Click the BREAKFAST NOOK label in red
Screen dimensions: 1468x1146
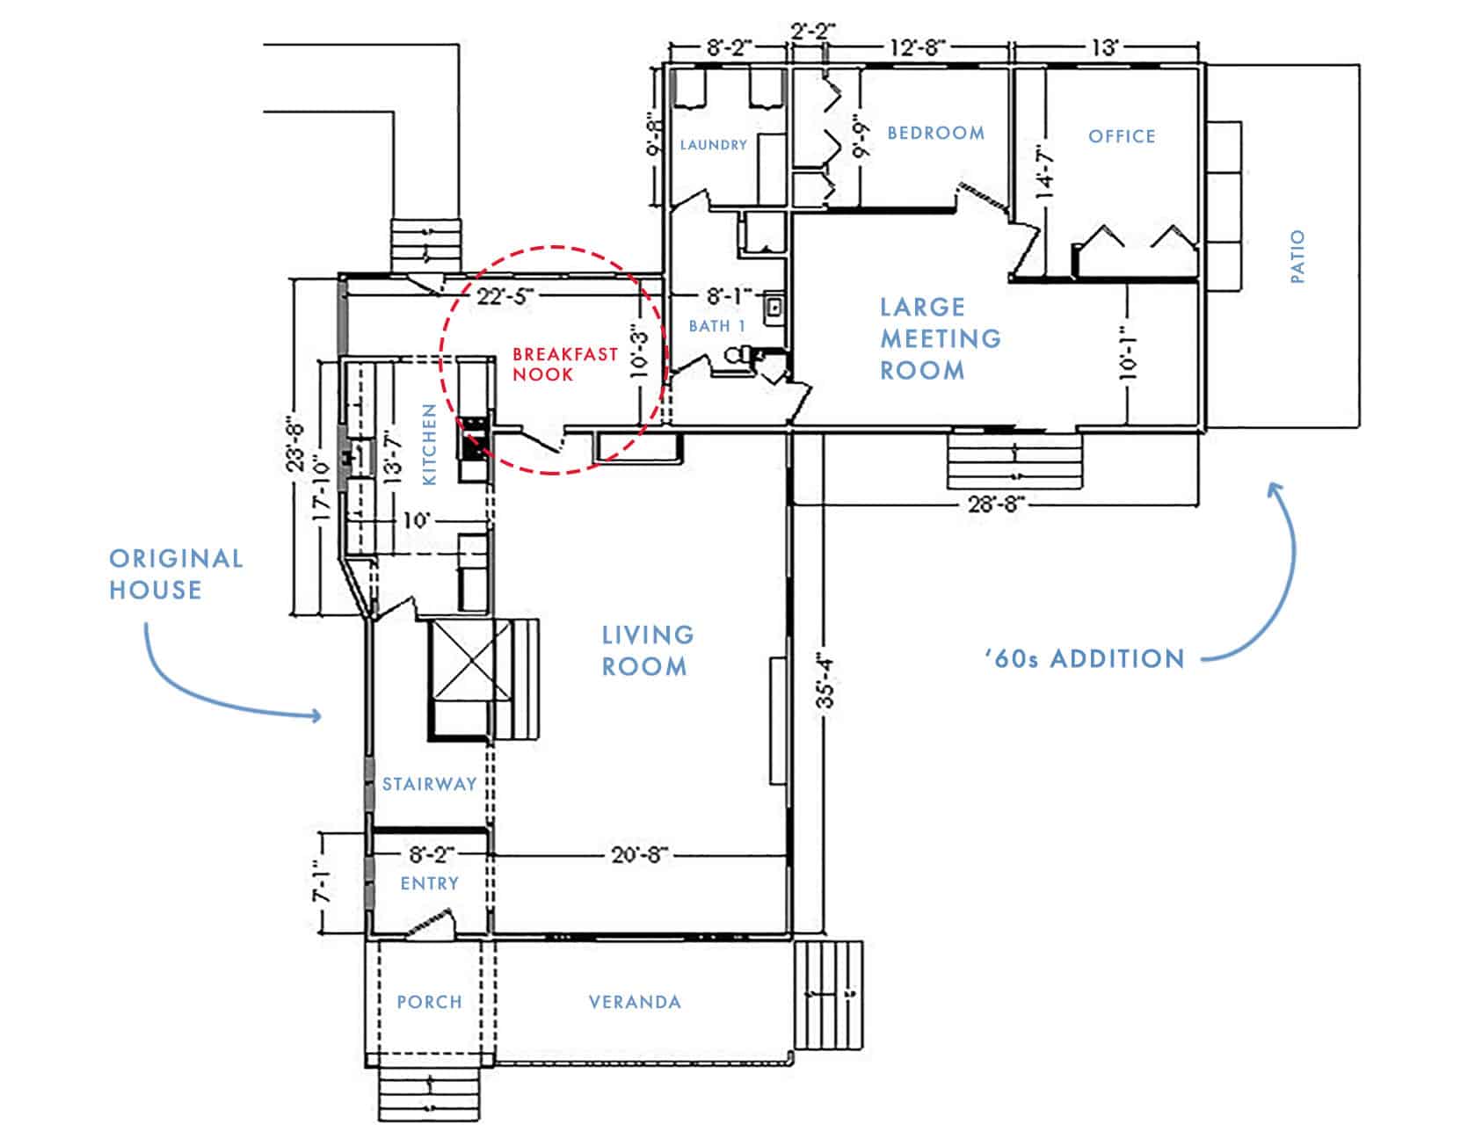coord(565,364)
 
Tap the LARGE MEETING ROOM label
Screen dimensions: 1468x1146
coord(940,338)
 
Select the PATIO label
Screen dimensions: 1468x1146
coord(1297,257)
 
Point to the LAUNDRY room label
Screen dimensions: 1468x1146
coord(713,144)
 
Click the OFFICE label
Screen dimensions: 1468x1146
coord(1122,136)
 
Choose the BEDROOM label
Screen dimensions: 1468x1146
coord(935,133)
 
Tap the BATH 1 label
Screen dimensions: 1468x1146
coord(717,326)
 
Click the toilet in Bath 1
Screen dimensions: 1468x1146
coord(741,356)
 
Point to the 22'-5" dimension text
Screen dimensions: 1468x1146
coord(505,296)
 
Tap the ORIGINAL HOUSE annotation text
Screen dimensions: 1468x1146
coord(176,574)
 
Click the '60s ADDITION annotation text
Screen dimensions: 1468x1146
coord(1085,657)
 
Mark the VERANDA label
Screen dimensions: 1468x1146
coord(635,1002)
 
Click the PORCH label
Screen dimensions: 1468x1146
coord(429,1002)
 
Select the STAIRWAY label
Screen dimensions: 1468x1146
coord(429,784)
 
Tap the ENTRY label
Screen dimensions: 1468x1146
coord(429,883)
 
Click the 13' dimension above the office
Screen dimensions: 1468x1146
coord(1105,48)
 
